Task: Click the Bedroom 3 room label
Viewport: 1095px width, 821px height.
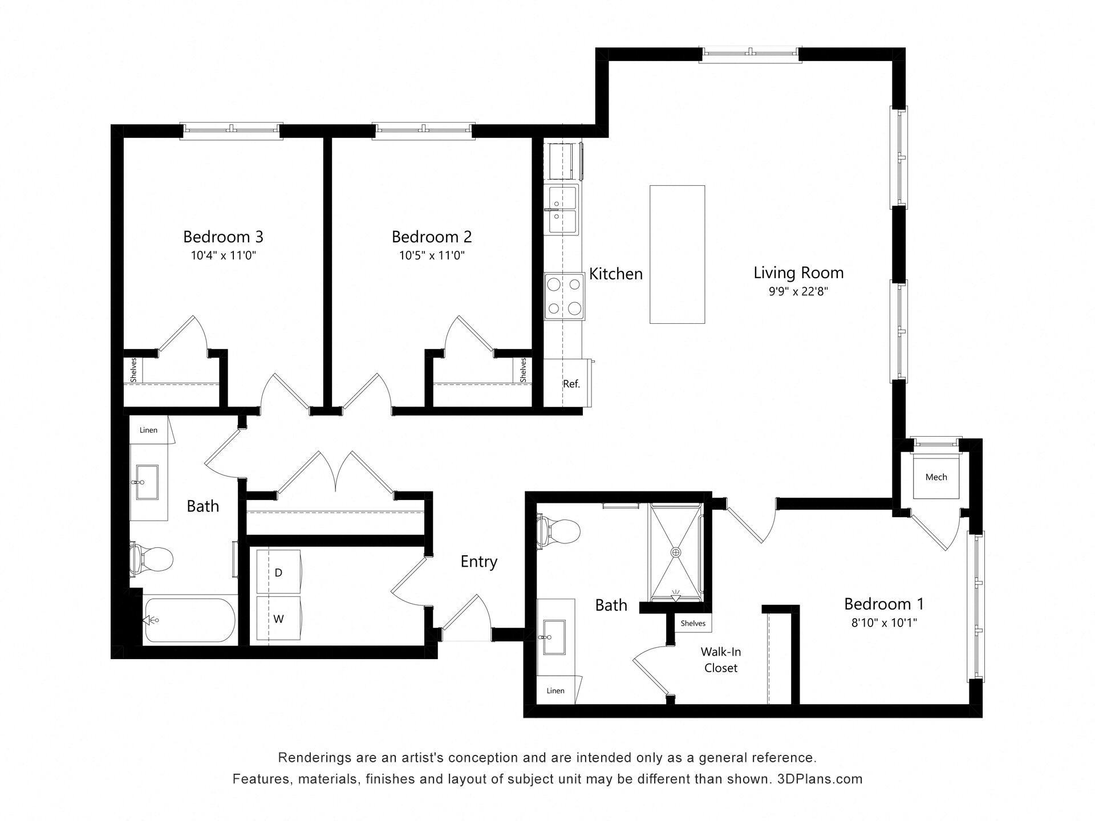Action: tap(223, 237)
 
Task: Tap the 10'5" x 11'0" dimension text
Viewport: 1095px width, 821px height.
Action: tap(432, 255)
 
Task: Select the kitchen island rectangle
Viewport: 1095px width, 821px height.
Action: tap(677, 254)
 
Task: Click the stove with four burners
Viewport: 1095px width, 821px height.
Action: tap(564, 296)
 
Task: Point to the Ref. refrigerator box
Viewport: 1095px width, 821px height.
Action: tap(570, 384)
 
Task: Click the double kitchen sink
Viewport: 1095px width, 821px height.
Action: tap(563, 209)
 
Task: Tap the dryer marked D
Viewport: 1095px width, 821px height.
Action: tap(278, 572)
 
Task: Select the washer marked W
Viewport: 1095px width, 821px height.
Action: tap(278, 619)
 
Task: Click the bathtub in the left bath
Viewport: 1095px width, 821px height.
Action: tap(190, 620)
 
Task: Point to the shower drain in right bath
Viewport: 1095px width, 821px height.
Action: tap(676, 552)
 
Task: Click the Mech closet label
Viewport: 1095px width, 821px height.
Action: tap(936, 477)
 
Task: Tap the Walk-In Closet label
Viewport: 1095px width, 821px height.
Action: tap(721, 660)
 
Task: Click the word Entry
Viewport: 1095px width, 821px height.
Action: tap(478, 562)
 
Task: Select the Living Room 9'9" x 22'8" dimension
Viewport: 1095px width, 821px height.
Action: tap(798, 292)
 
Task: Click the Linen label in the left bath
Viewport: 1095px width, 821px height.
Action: tap(148, 430)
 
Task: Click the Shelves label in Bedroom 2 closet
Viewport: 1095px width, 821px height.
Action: tap(523, 370)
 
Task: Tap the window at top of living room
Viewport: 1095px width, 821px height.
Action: tap(750, 54)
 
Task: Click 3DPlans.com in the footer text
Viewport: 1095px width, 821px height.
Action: tap(820, 779)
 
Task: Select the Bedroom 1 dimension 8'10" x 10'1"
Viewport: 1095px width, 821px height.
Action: tap(883, 623)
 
